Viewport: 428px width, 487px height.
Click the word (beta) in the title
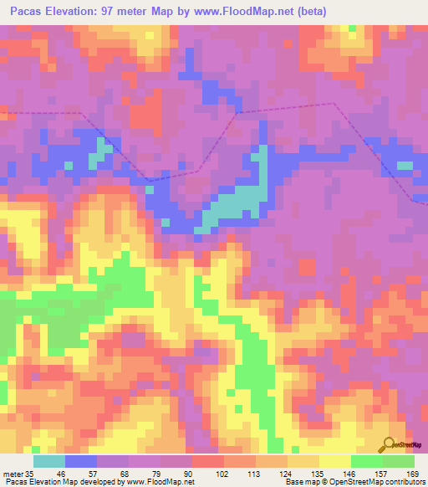(x=308, y=12)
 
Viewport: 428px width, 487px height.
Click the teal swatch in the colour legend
(x=49, y=461)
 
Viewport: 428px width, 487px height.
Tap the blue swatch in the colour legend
(x=81, y=461)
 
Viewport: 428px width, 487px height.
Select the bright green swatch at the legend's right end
(x=399, y=461)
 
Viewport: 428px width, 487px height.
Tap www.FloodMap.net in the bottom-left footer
(x=159, y=481)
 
